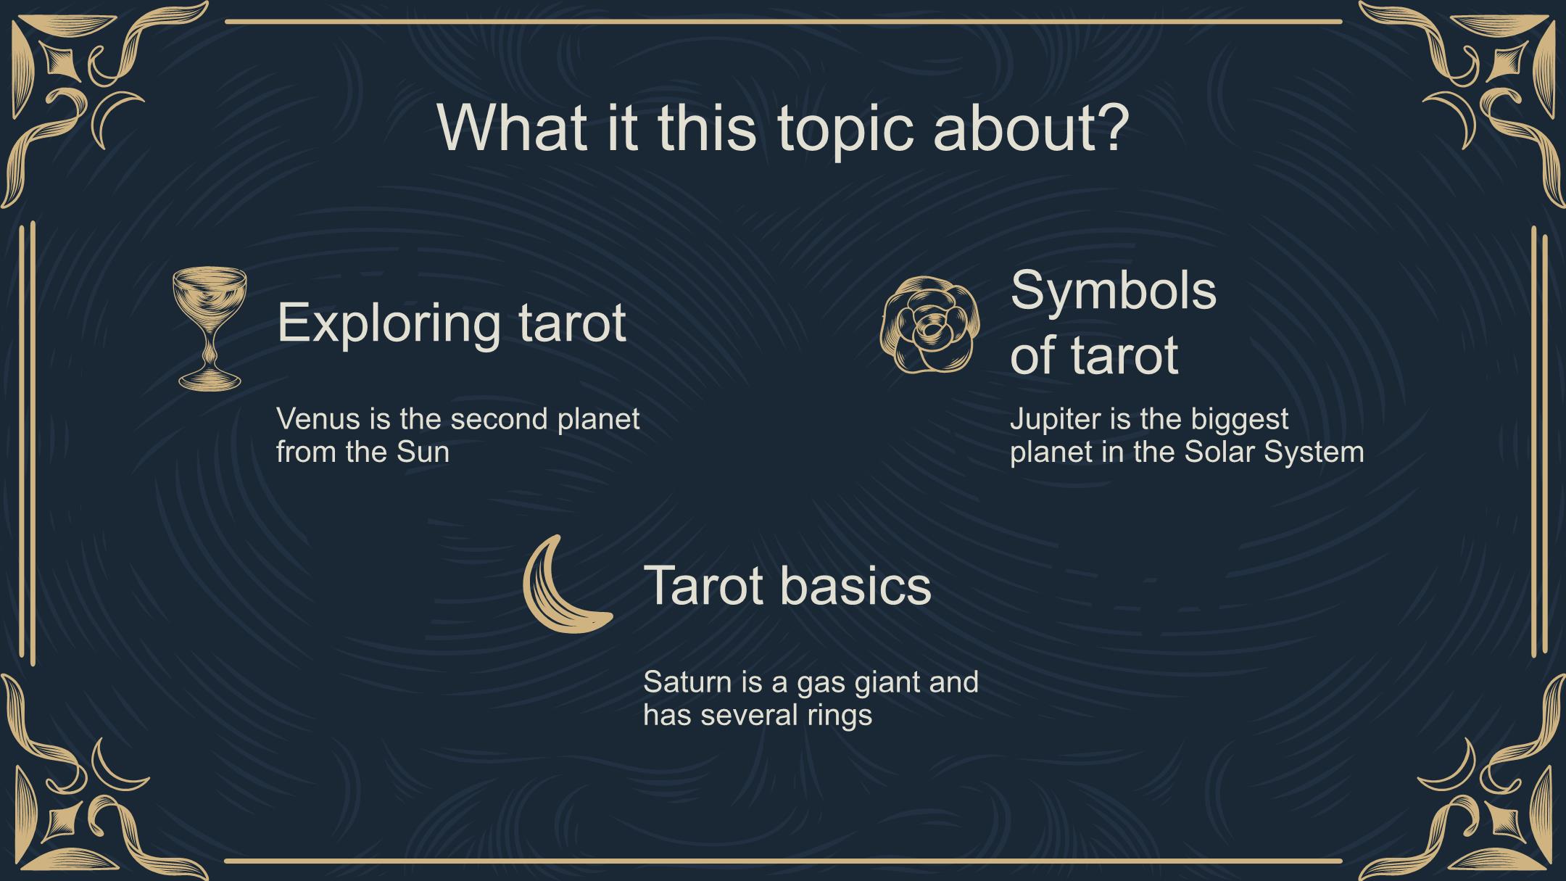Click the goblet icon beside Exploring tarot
(x=210, y=328)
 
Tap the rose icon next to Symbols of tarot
(x=930, y=326)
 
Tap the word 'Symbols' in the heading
(x=1113, y=291)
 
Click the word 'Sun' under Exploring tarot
(x=423, y=452)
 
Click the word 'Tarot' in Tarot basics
(x=703, y=585)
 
